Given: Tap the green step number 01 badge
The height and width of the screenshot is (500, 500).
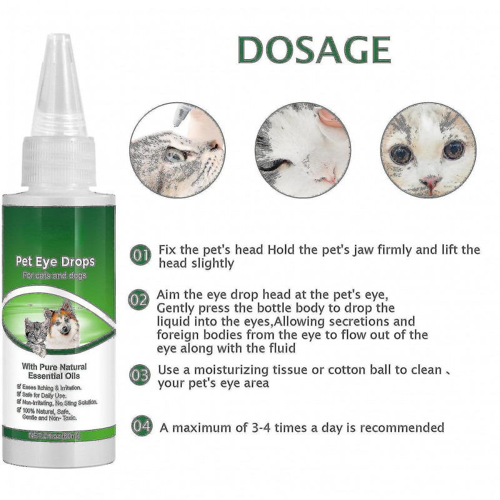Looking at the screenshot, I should point(141,255).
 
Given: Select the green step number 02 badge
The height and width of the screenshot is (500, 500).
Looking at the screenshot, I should point(141,299).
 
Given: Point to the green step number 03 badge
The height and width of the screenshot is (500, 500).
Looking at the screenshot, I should point(141,376).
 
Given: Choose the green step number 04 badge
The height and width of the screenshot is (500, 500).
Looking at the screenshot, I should point(141,427).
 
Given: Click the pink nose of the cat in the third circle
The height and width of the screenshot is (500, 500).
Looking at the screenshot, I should point(428,183).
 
